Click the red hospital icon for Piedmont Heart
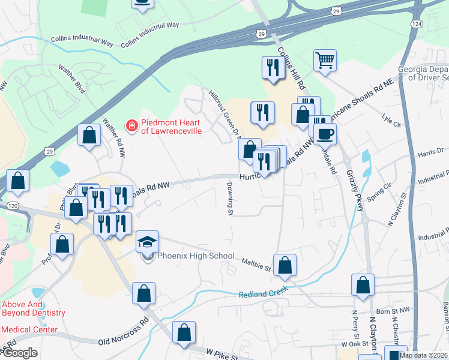pos(130,125)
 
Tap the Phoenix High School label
pos(196,256)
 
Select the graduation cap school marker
pos(147,241)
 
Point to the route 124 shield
pos(416,23)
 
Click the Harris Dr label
pos(432,151)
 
